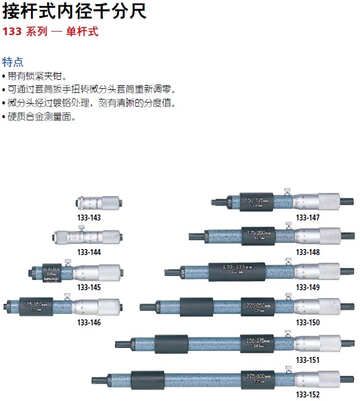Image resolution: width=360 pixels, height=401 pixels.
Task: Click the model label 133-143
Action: pos(89,218)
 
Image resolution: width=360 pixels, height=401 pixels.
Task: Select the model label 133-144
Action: pos(89,252)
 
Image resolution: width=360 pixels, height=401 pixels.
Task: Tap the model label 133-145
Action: pos(89,287)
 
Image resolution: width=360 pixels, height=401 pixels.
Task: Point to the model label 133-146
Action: pos(89,322)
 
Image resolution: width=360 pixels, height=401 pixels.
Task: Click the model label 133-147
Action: pos(308,218)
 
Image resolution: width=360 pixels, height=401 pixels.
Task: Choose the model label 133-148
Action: pos(308,252)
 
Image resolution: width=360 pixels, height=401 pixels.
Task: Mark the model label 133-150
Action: pos(308,322)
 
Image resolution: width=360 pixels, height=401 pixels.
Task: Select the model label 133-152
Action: pos(308,394)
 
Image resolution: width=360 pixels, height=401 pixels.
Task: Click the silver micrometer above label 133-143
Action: pos(98,203)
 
